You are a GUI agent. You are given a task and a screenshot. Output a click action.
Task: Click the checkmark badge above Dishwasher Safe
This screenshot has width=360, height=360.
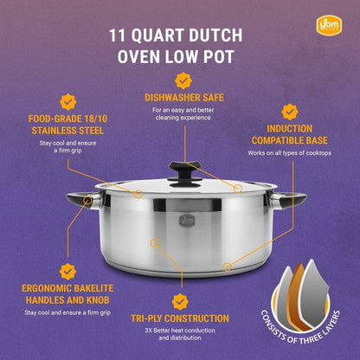[182, 80]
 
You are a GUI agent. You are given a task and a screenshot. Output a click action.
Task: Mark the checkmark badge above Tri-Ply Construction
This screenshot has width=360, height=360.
[180, 301]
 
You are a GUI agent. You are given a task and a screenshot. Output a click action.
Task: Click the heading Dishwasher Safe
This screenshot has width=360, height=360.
[182, 98]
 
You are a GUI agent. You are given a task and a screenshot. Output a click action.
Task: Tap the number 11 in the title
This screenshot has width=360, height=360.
[120, 36]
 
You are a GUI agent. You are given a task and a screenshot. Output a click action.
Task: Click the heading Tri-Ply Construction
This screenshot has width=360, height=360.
[180, 318]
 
